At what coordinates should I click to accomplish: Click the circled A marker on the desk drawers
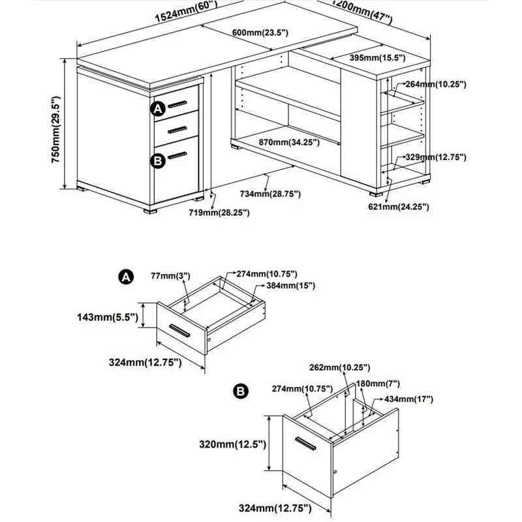point(158,110)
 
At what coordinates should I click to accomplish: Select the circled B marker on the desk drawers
point(158,161)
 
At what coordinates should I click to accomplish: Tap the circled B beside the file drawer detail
point(240,391)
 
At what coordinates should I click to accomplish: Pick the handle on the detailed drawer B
point(305,443)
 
